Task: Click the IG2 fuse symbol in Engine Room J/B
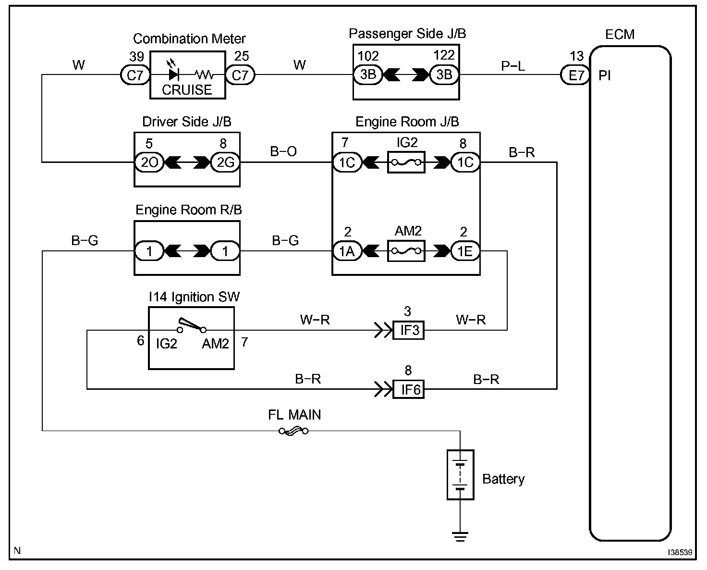coord(406,162)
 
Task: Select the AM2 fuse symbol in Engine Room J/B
coord(406,251)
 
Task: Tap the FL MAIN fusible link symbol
coord(293,431)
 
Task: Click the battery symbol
coord(460,475)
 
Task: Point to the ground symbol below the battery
coord(460,536)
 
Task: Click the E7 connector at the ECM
coord(575,75)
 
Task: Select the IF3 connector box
coord(409,330)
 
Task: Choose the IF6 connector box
coord(409,390)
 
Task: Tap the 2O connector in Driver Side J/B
coord(149,162)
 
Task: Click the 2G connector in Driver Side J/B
coord(225,162)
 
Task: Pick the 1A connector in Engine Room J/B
coord(347,251)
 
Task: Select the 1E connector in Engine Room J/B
coord(465,251)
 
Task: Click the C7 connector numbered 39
coord(135,75)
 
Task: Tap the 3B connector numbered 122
coord(444,74)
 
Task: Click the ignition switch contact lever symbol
coord(192,324)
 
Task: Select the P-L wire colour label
coord(513,66)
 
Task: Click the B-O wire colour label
coord(283,151)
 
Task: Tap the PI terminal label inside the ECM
coord(605,75)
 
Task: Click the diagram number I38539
coord(680,552)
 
